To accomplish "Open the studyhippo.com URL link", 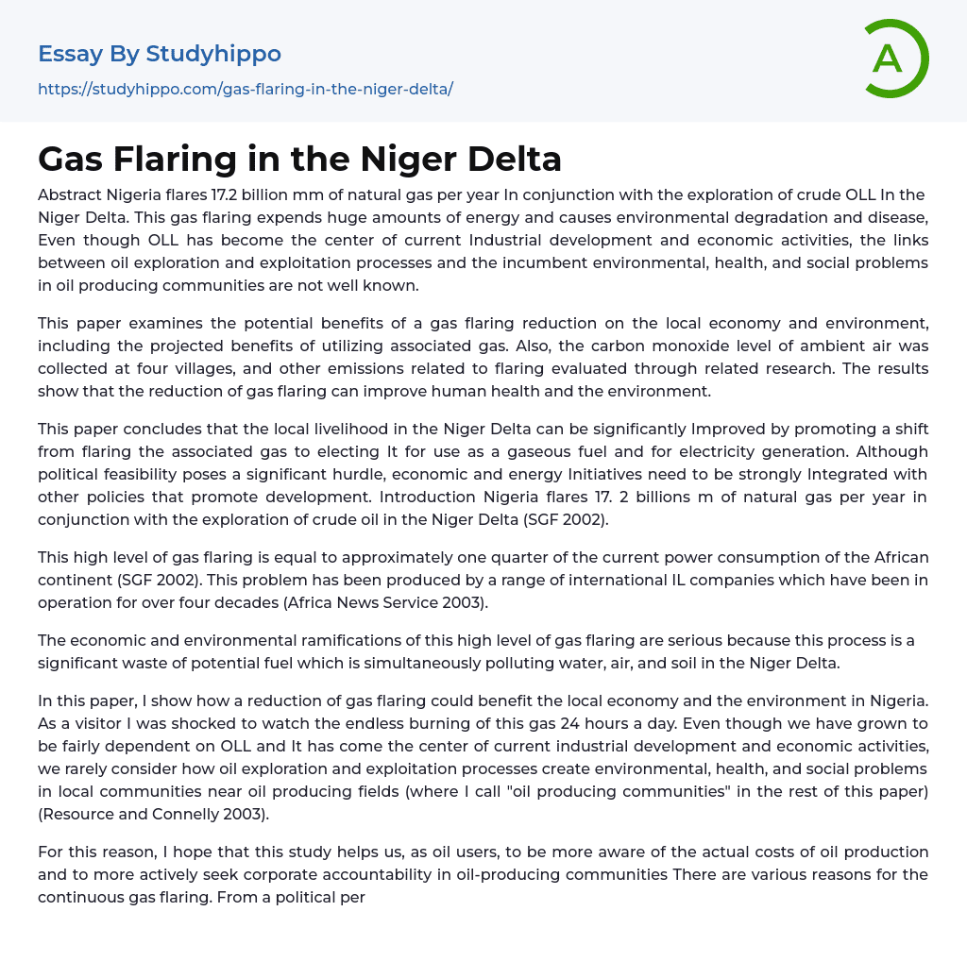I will click(246, 89).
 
